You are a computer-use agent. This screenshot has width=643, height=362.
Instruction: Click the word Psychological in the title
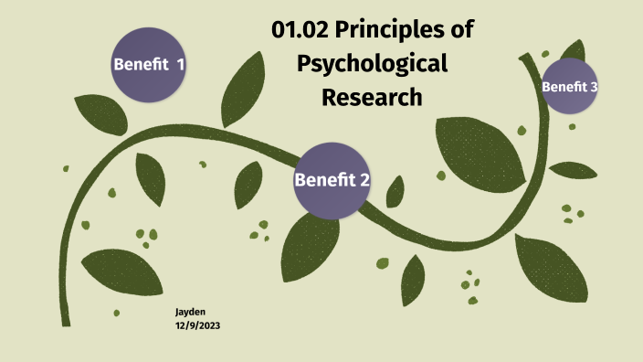coord(373,64)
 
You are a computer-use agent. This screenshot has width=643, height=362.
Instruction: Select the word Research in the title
coord(372,96)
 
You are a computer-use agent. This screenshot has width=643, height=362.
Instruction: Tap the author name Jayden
coord(190,312)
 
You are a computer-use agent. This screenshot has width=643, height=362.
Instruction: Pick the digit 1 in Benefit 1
coord(180,64)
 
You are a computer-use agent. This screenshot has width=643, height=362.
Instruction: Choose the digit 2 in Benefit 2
coord(364,180)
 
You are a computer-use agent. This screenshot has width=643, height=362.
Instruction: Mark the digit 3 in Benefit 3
coord(594,87)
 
